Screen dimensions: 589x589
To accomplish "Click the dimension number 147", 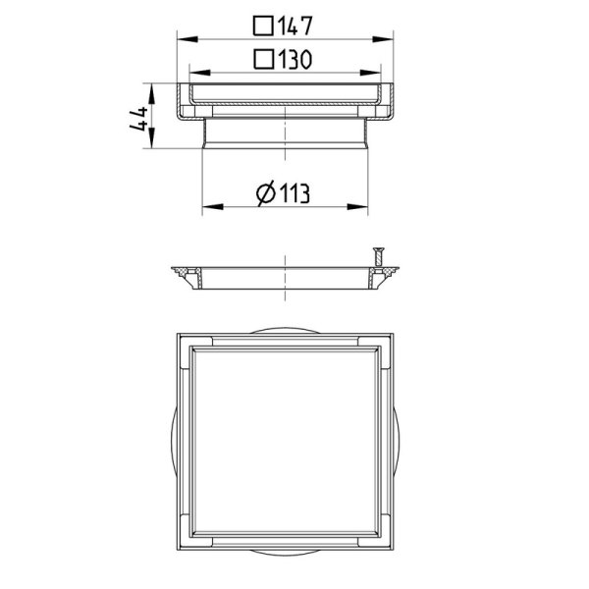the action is pyautogui.click(x=295, y=26).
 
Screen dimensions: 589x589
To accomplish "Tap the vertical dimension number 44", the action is pyautogui.click(x=138, y=119).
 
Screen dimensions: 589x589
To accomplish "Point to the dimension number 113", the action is pyautogui.click(x=294, y=193).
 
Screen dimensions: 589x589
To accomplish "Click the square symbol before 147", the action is pyautogui.click(x=263, y=26).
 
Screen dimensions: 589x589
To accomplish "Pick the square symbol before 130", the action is pyautogui.click(x=263, y=59).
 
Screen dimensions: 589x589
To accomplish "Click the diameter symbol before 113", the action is pyautogui.click(x=266, y=193).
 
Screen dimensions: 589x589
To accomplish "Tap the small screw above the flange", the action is pyautogui.click(x=378, y=256).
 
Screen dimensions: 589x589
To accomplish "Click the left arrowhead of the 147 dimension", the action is pyautogui.click(x=187, y=39).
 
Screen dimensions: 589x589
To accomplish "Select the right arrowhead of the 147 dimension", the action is pyautogui.click(x=383, y=39).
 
